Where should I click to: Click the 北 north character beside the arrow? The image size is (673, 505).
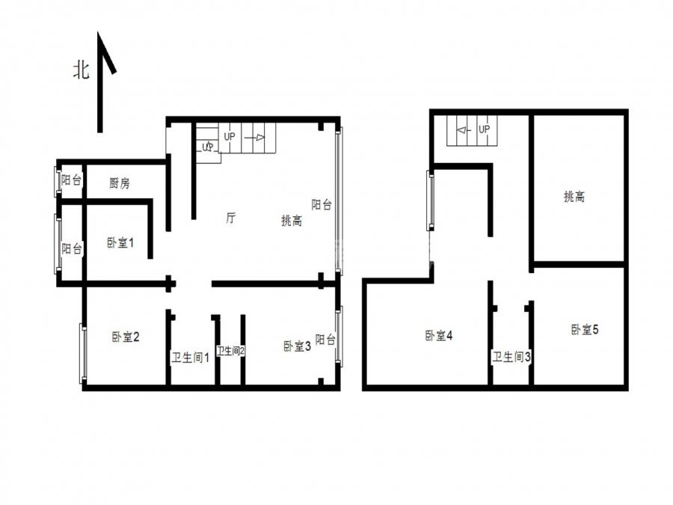pos(81,70)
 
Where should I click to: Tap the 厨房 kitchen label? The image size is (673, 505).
pos(120,183)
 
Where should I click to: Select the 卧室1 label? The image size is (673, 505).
pos(120,242)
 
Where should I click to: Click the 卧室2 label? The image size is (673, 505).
pos(126,337)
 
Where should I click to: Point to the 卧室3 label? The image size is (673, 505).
pos(297,346)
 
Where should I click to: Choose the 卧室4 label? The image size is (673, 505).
pos(439,335)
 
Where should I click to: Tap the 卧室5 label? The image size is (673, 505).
pos(585,329)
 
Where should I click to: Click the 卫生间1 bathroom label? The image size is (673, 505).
pos(191,358)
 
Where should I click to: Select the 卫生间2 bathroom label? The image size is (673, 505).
pos(230,351)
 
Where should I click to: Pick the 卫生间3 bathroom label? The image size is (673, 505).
pos(511,356)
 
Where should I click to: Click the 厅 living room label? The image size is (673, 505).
pos(230,218)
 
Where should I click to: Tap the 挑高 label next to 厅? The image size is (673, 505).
pos(292,221)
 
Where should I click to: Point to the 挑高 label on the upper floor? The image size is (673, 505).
pos(574,197)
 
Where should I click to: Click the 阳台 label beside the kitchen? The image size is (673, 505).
pos(71,180)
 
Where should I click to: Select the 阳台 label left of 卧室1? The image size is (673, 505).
pos(72,248)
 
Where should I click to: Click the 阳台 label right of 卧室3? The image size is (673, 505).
pos(325,340)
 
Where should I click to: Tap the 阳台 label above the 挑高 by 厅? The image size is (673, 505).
pos(322,204)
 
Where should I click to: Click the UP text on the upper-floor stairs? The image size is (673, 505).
pos(484,129)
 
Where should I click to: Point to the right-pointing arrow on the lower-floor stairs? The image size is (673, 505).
pos(255,138)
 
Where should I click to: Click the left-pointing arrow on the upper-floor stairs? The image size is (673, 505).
pos(464,129)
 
